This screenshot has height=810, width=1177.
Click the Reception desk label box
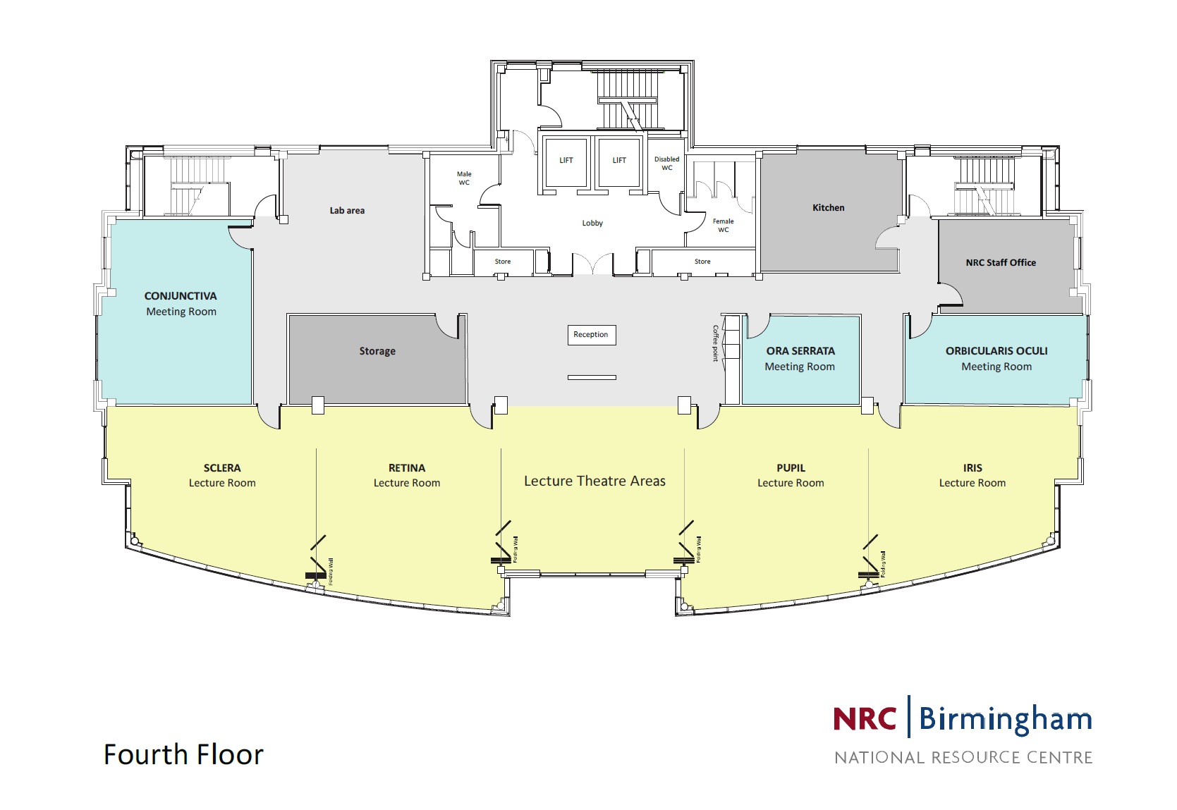[x=591, y=335]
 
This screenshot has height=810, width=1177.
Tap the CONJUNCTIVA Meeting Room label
[x=181, y=304]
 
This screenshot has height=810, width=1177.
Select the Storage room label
[x=377, y=351]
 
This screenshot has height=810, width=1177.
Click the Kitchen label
[x=828, y=208]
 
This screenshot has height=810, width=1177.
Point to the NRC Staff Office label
[x=1001, y=263]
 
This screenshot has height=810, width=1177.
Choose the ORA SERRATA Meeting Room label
[x=800, y=359]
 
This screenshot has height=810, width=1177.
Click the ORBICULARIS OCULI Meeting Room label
[x=996, y=359]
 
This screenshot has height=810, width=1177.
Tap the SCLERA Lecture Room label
[x=222, y=476]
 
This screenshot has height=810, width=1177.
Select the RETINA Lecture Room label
[x=407, y=476]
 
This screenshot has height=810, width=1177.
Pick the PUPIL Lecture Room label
[x=791, y=476]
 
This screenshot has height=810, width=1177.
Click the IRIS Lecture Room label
[x=972, y=476]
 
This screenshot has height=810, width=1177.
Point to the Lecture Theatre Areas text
[x=594, y=481]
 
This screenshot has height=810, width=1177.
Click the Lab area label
[x=347, y=211]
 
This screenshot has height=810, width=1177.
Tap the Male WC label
[x=464, y=178]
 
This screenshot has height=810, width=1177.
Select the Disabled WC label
[x=666, y=164]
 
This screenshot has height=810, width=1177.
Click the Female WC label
[x=723, y=226]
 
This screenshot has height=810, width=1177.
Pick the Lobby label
[x=592, y=223]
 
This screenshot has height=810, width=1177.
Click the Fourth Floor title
[x=183, y=755]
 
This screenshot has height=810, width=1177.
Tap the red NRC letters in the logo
[x=865, y=719]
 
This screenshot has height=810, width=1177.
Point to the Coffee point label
[x=715, y=343]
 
